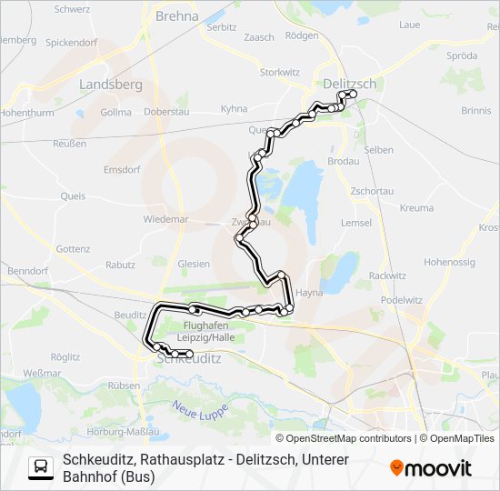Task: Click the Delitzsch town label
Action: click(349, 84)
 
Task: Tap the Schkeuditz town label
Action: click(189, 358)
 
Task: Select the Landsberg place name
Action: click(112, 84)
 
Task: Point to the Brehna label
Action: click(177, 15)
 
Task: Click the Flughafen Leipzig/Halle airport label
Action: click(208, 331)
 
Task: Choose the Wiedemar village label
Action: click(165, 219)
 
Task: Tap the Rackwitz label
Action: click(387, 275)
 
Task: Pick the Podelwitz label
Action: click(401, 299)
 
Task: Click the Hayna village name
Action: click(310, 293)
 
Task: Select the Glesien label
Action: click(194, 264)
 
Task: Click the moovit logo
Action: click(431, 468)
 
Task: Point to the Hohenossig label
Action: click(449, 262)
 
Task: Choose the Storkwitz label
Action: click(280, 71)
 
